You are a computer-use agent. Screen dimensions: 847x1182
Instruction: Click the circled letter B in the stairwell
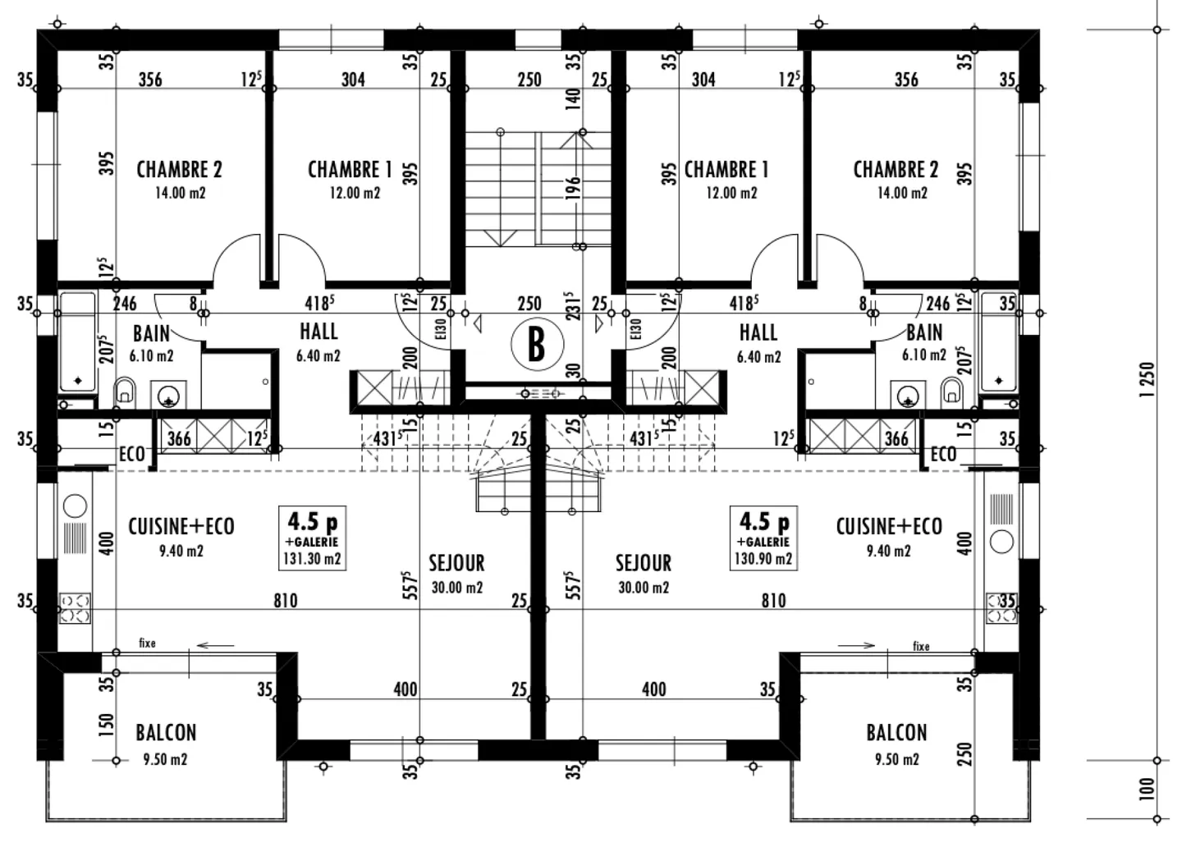[x=535, y=345]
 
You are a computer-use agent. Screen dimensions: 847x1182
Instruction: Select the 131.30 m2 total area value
[x=312, y=559]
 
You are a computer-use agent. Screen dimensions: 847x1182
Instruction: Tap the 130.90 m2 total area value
[x=763, y=559]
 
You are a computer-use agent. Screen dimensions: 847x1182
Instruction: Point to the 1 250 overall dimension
[x=1148, y=379]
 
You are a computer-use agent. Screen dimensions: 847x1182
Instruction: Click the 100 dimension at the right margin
[x=1148, y=789]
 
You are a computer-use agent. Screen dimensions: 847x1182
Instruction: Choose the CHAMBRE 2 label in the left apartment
[x=179, y=170]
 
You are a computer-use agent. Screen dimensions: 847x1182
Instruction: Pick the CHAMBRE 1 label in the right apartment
[x=726, y=170]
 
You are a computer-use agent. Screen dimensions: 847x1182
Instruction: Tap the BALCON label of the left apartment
[x=166, y=732]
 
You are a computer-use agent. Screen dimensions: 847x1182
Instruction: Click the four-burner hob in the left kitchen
[x=75, y=608]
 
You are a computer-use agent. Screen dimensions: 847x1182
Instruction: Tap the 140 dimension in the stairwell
[x=574, y=98]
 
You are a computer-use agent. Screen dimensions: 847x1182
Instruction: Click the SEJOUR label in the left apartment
[x=456, y=563]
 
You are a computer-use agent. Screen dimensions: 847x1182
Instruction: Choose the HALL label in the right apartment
[x=758, y=332]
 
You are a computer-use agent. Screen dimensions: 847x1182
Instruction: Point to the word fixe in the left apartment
[x=147, y=643]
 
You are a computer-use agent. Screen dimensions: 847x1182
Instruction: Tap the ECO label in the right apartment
[x=943, y=454]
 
